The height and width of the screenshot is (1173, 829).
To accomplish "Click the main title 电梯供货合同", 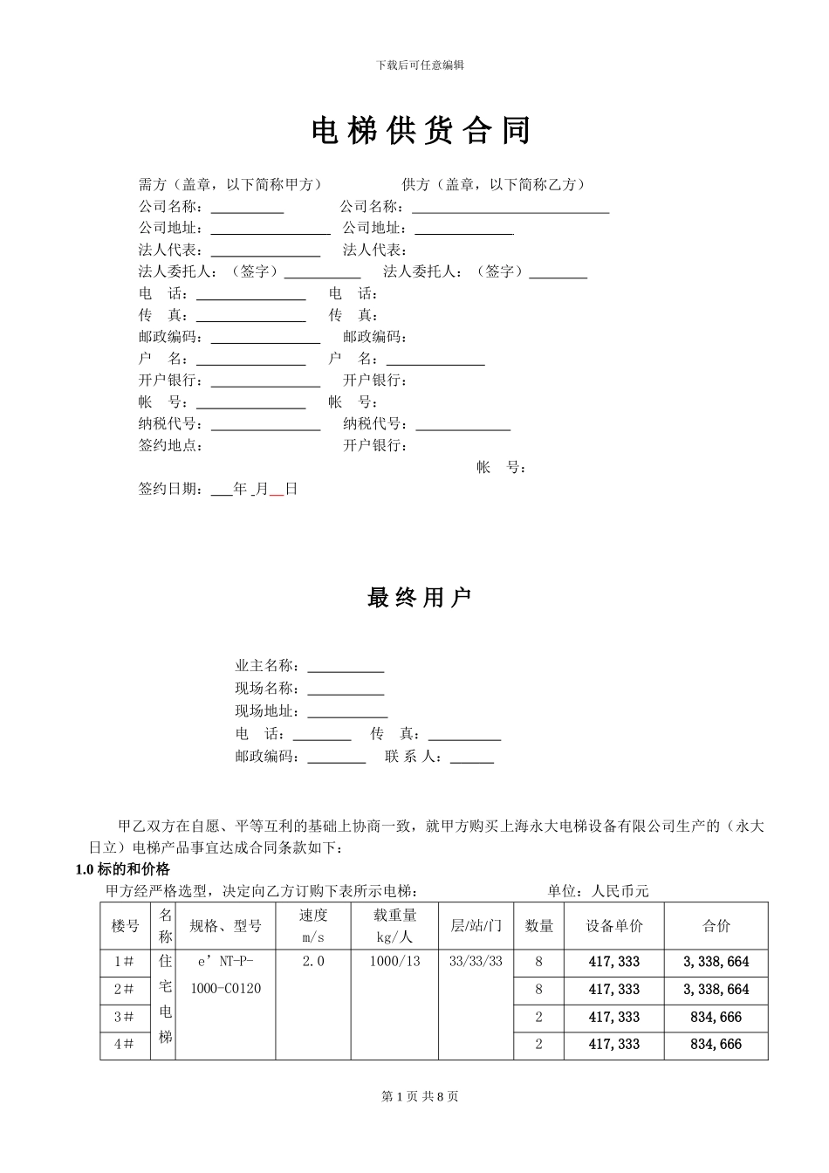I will pos(421,131).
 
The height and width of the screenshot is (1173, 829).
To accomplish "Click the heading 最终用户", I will pos(420,598).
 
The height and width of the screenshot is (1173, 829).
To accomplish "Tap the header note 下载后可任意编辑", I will pos(420,65).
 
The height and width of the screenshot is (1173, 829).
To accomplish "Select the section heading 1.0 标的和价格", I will pos(123,869).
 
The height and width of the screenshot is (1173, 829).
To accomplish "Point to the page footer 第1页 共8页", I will pos(421,1096).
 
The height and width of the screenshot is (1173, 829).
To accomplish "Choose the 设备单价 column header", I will pos(613,926).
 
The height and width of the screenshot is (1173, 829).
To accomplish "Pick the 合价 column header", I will pos(716,926).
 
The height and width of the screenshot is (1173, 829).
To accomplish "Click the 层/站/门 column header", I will pos(476,926).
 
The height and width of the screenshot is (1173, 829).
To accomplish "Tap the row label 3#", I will pos(124,1017).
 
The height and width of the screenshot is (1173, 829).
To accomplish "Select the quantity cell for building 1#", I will pos(538,962).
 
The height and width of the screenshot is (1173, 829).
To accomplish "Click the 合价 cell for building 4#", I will pos(716,1044).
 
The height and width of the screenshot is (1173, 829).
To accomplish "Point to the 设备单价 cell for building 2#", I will pos(613,990).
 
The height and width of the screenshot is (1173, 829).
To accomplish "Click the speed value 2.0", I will pos(312,962).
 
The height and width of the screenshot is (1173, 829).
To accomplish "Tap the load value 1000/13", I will pos(394,962).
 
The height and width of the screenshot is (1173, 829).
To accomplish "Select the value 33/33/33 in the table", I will pos(476,962).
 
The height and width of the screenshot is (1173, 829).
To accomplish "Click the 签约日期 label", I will pos(171,489).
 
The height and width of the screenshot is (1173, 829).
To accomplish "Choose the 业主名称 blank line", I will pos(346,667).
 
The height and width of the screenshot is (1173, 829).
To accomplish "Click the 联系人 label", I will pos(414,757).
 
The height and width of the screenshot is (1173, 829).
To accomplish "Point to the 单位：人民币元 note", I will pos(598,891).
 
